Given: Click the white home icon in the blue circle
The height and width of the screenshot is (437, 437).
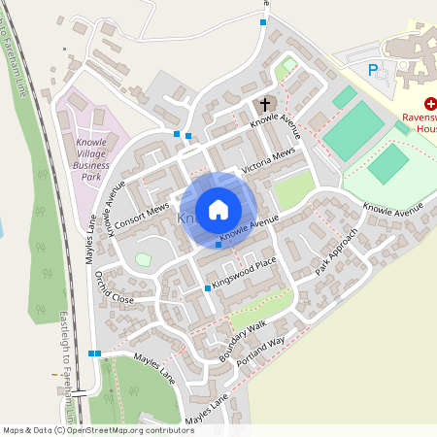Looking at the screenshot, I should [218, 209].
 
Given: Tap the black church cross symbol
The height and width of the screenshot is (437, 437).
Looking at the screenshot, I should [264, 103].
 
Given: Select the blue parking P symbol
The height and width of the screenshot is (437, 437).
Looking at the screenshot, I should [373, 69].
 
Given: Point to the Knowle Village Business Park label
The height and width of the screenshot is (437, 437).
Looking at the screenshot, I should [90, 158].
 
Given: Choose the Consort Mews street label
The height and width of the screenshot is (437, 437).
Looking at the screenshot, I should [142, 218].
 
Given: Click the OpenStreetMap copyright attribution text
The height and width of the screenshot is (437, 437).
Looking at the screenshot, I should [98, 429].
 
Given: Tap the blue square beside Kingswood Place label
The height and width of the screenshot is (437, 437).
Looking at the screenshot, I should [208, 288].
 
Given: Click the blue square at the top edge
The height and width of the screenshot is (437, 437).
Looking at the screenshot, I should [262, 21].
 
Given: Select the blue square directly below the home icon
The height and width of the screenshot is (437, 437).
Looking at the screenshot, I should [218, 245].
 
